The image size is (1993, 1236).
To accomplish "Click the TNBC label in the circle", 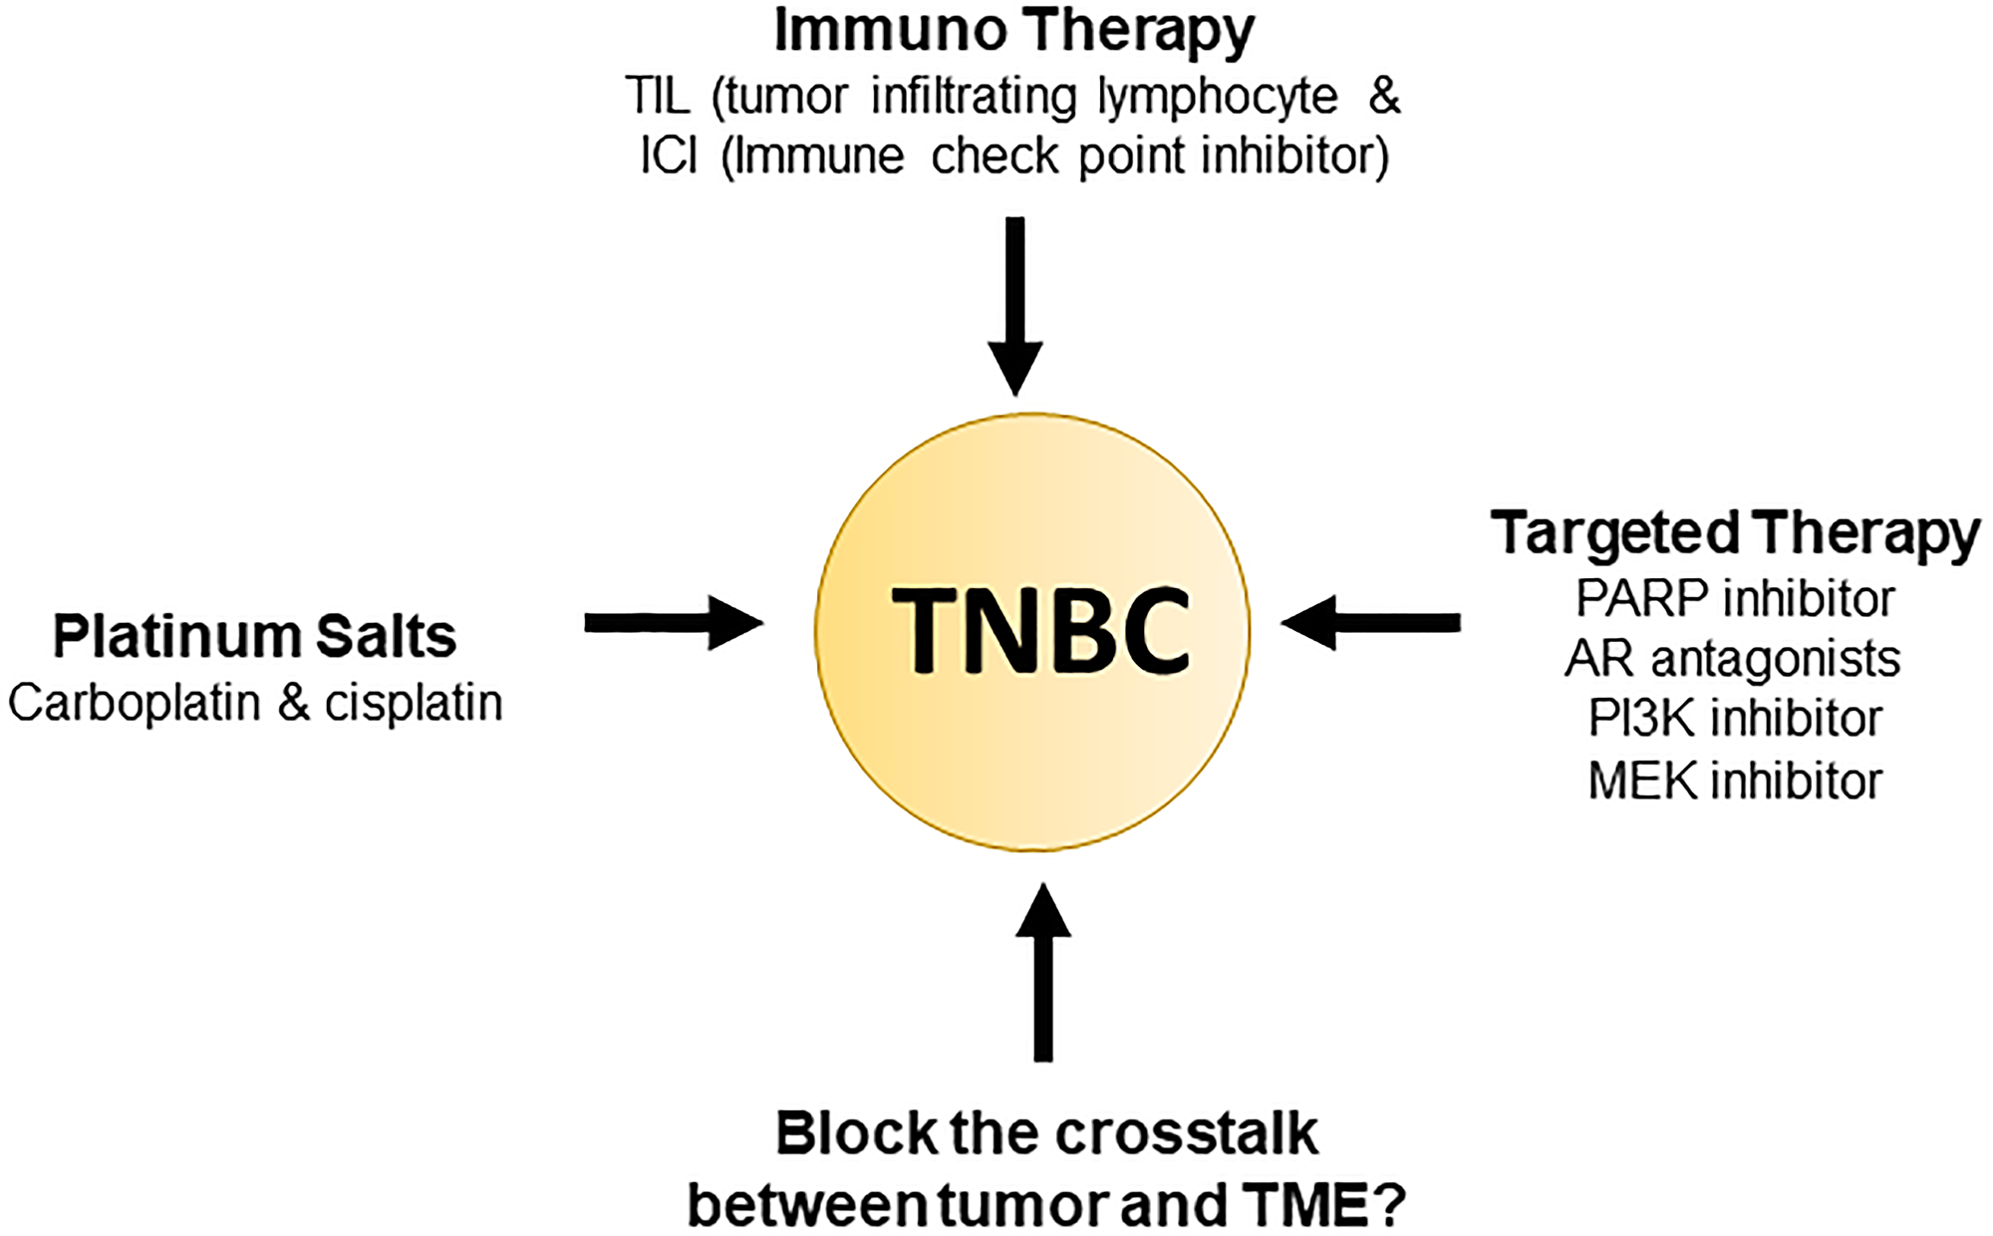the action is (1040, 632).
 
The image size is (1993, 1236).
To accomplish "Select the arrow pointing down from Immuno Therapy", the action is (1015, 306).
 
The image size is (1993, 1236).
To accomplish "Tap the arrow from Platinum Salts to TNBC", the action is (674, 623).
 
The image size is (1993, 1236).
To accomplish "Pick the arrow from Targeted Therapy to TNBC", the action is (1370, 623).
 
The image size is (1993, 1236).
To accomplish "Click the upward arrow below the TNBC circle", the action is (1043, 972).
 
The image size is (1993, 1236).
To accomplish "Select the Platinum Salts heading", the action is (254, 636).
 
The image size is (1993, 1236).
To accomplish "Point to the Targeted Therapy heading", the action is (1735, 534).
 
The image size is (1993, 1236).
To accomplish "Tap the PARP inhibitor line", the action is (1735, 599).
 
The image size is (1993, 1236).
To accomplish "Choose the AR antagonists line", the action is (1733, 659).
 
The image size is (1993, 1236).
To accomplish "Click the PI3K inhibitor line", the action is (1735, 719).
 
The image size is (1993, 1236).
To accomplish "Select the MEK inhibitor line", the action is (1735, 780).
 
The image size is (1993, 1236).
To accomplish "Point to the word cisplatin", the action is (414, 704).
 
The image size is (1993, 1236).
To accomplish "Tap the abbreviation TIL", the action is (659, 97).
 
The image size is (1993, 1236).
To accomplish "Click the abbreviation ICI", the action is (669, 156).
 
